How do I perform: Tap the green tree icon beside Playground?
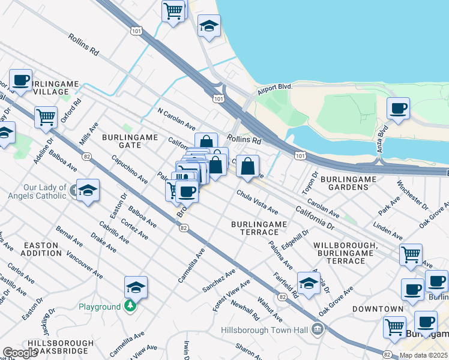pos(130,306)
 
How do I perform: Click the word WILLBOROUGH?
pos(345,245)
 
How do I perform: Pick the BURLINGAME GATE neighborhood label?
pos(130,142)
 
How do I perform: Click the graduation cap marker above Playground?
pos(136,287)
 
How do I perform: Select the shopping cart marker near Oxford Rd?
pos(46,117)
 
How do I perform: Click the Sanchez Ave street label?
pos(218,281)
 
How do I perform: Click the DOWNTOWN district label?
pos(378,309)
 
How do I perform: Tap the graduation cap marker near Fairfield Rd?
pos(309,284)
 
